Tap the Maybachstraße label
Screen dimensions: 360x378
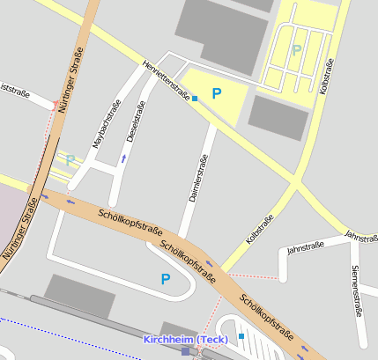[107, 124]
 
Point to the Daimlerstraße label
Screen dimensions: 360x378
[199, 179]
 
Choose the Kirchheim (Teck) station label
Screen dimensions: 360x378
[186, 340]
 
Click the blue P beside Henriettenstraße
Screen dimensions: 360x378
[216, 92]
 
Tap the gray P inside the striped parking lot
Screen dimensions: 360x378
[296, 50]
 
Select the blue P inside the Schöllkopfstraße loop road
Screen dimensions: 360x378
[165, 279]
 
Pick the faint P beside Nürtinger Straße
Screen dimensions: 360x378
[70, 160]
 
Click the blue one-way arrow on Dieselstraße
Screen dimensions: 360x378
[123, 158]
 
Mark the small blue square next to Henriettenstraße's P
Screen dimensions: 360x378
[195, 99]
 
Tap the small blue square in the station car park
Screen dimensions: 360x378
[241, 336]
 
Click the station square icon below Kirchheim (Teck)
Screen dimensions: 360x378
[185, 351]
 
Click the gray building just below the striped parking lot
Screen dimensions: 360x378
[278, 116]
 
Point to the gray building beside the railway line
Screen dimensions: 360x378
[78, 298]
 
